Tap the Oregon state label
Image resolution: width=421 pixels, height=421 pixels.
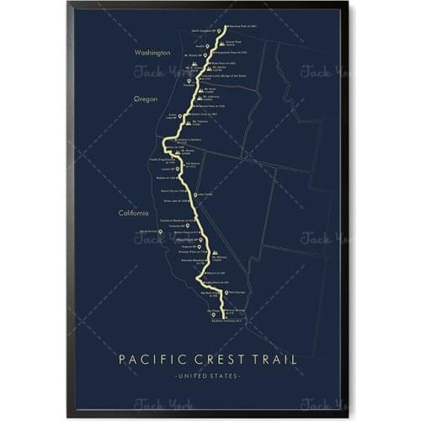tap(145, 99)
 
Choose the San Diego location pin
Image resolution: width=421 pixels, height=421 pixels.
tap(212, 309)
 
